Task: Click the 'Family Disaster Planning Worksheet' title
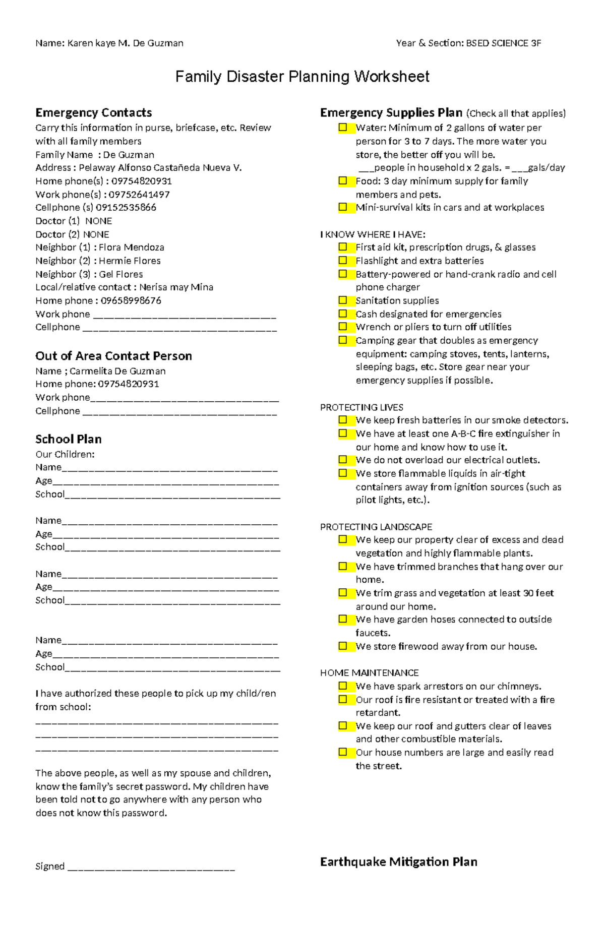click(302, 77)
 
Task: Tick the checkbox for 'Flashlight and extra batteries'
click(343, 261)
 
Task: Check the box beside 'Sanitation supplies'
click(343, 300)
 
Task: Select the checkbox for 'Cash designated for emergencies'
click(343, 314)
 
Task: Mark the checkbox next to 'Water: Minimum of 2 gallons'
click(343, 128)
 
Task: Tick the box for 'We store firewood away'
click(343, 646)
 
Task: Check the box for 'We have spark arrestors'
click(343, 686)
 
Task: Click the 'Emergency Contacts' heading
click(93, 112)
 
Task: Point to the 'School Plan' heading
click(69, 439)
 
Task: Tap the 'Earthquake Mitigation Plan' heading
click(398, 861)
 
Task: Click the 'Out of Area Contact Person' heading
click(113, 356)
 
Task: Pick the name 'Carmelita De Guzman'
click(117, 371)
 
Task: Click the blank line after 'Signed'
click(151, 867)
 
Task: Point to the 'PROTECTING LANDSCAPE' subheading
click(376, 527)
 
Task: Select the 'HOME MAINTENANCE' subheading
click(369, 673)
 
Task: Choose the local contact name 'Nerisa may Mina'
click(176, 287)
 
